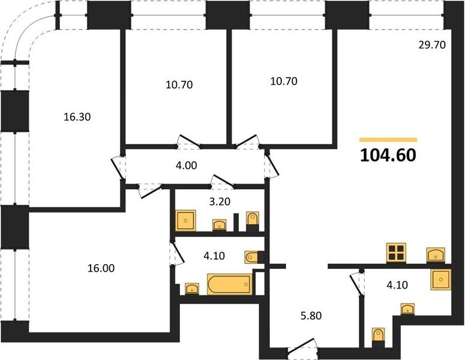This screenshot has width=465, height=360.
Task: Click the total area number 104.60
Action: [388, 155]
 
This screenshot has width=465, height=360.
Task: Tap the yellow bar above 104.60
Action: [388, 140]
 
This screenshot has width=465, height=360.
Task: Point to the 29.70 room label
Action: [432, 45]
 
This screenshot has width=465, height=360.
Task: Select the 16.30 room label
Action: [77, 117]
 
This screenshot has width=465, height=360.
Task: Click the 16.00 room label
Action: [101, 268]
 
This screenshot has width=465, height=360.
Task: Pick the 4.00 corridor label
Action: [186, 166]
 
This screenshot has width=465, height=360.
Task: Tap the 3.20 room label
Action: [220, 202]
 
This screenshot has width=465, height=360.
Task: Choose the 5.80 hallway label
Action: [311, 316]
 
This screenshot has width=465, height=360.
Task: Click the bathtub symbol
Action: [230, 284]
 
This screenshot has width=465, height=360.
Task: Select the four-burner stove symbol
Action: [396, 253]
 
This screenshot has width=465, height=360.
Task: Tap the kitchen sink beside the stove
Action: [436, 255]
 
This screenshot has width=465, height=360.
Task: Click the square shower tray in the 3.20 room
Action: [185, 220]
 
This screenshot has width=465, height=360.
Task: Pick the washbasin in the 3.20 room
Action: [220, 225]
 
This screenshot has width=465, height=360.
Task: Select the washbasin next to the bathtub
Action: [192, 289]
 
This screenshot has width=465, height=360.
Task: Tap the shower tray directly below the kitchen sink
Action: [441, 280]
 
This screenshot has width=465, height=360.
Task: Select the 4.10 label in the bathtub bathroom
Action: [214, 256]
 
